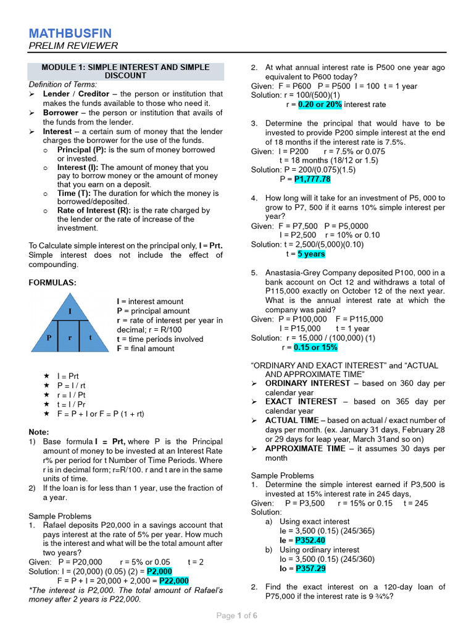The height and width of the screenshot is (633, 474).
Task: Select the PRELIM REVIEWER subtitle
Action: coord(73,46)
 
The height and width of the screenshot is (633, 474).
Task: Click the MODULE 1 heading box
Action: coord(125,71)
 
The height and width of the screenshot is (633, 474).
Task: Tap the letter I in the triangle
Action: coord(70,310)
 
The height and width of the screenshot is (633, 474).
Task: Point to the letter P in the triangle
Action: coord(49,338)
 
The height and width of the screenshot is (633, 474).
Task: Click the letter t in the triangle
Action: coord(90,338)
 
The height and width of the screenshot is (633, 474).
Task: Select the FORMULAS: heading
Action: coord(52,283)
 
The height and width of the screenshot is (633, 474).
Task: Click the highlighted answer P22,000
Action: coord(174,581)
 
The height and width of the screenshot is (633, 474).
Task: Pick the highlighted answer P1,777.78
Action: coord(312,179)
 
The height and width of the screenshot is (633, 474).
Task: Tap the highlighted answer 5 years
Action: coord(311,254)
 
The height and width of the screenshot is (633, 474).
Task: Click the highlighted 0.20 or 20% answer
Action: coord(320,104)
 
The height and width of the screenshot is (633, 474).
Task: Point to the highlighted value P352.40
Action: coord(310,540)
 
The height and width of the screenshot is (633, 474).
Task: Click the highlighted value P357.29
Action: coord(310,568)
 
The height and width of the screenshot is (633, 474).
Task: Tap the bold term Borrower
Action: coord(60,113)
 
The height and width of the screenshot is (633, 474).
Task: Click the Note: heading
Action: coord(39,432)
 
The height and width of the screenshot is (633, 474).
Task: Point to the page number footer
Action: coord(236,616)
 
